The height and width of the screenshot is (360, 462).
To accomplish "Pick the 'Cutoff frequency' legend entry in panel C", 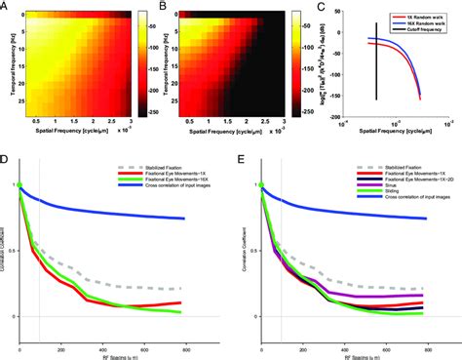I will [x=410, y=30].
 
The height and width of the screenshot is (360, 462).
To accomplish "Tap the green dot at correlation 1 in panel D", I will [x=19, y=184].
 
